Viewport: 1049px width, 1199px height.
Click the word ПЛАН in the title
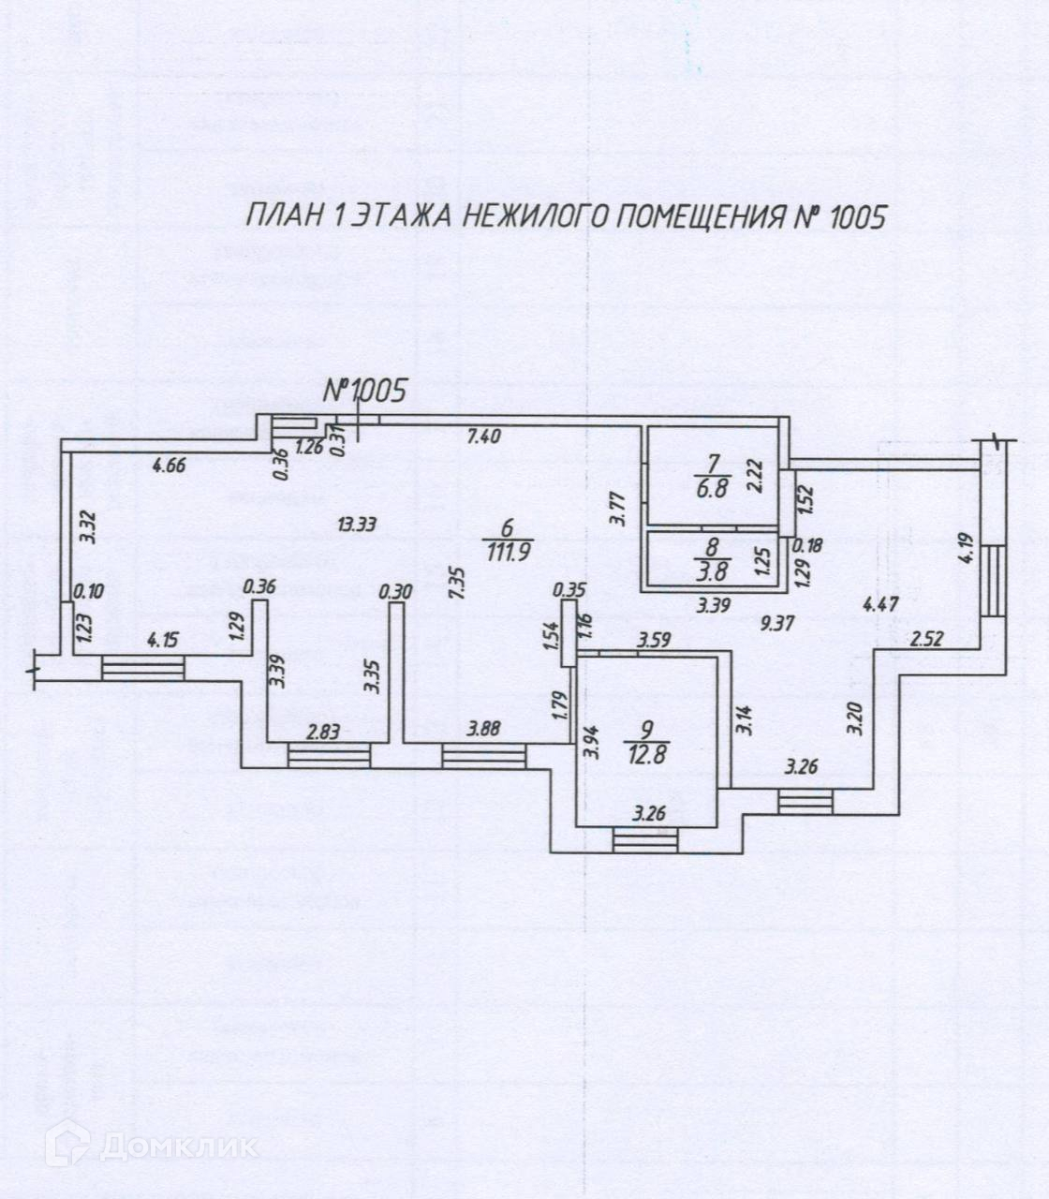[284, 217]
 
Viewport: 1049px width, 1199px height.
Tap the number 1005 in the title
[849, 217]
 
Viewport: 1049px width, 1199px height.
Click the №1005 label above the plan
[364, 391]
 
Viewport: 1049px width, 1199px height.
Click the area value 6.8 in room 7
[718, 487]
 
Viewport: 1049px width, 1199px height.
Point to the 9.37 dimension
[777, 624]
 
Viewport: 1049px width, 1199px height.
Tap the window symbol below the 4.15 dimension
[142, 669]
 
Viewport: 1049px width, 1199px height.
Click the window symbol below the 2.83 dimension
[329, 756]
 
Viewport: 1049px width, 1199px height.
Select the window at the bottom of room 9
[645, 839]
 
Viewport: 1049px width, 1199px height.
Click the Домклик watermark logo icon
[67, 1144]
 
